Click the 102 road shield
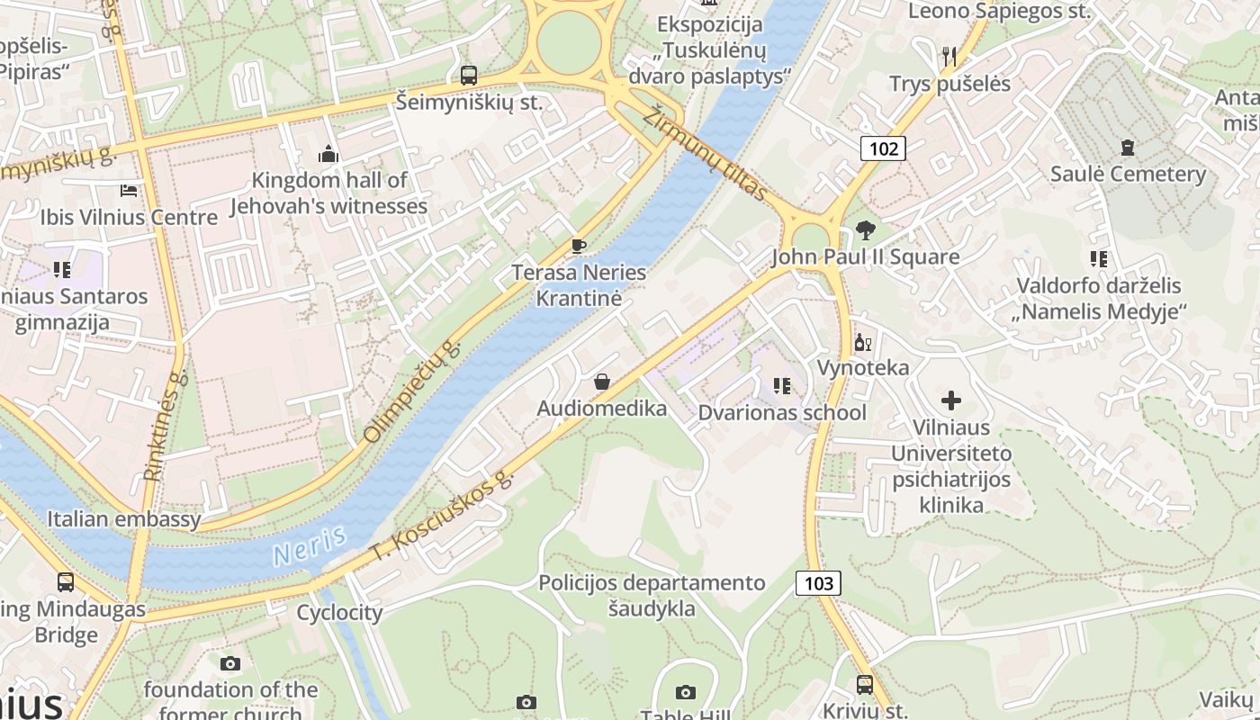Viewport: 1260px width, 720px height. tap(883, 148)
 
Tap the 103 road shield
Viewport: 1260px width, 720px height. tap(818, 583)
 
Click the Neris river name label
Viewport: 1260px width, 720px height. tap(310, 545)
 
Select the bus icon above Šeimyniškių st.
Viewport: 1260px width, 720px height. tap(468, 76)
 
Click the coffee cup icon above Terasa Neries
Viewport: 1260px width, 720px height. tap(579, 246)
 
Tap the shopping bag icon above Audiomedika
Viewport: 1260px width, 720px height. tap(602, 382)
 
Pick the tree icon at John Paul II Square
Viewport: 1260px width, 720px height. tap(866, 230)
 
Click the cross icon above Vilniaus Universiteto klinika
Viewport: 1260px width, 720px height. tap(951, 400)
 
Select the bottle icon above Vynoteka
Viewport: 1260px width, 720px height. tap(862, 342)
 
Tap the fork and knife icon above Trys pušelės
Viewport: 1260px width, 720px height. tap(949, 57)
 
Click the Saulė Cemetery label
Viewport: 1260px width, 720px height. tap(1128, 174)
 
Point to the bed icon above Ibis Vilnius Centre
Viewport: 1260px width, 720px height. tap(129, 191)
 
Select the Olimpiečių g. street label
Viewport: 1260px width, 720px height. tap(412, 392)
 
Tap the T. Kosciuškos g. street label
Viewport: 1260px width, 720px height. tap(442, 518)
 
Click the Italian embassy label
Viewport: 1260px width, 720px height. tap(124, 519)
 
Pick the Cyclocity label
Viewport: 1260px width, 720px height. tap(339, 613)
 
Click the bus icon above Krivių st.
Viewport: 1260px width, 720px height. tap(864, 684)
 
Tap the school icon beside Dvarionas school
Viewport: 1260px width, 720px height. tap(782, 386)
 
